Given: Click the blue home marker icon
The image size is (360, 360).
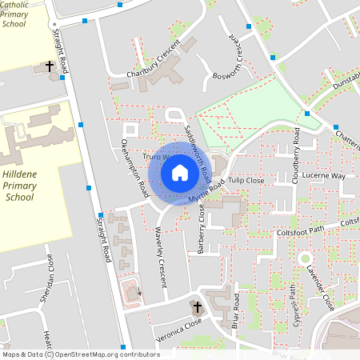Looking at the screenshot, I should point(180,172).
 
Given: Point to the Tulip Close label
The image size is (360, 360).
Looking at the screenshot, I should point(246,181).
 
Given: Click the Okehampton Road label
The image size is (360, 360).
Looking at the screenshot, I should point(134,167).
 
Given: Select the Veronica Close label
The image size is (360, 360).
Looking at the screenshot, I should point(178,332).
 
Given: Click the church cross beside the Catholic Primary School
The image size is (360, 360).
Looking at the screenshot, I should point(49,66).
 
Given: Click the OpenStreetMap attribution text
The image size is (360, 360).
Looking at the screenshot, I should point(80,354).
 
